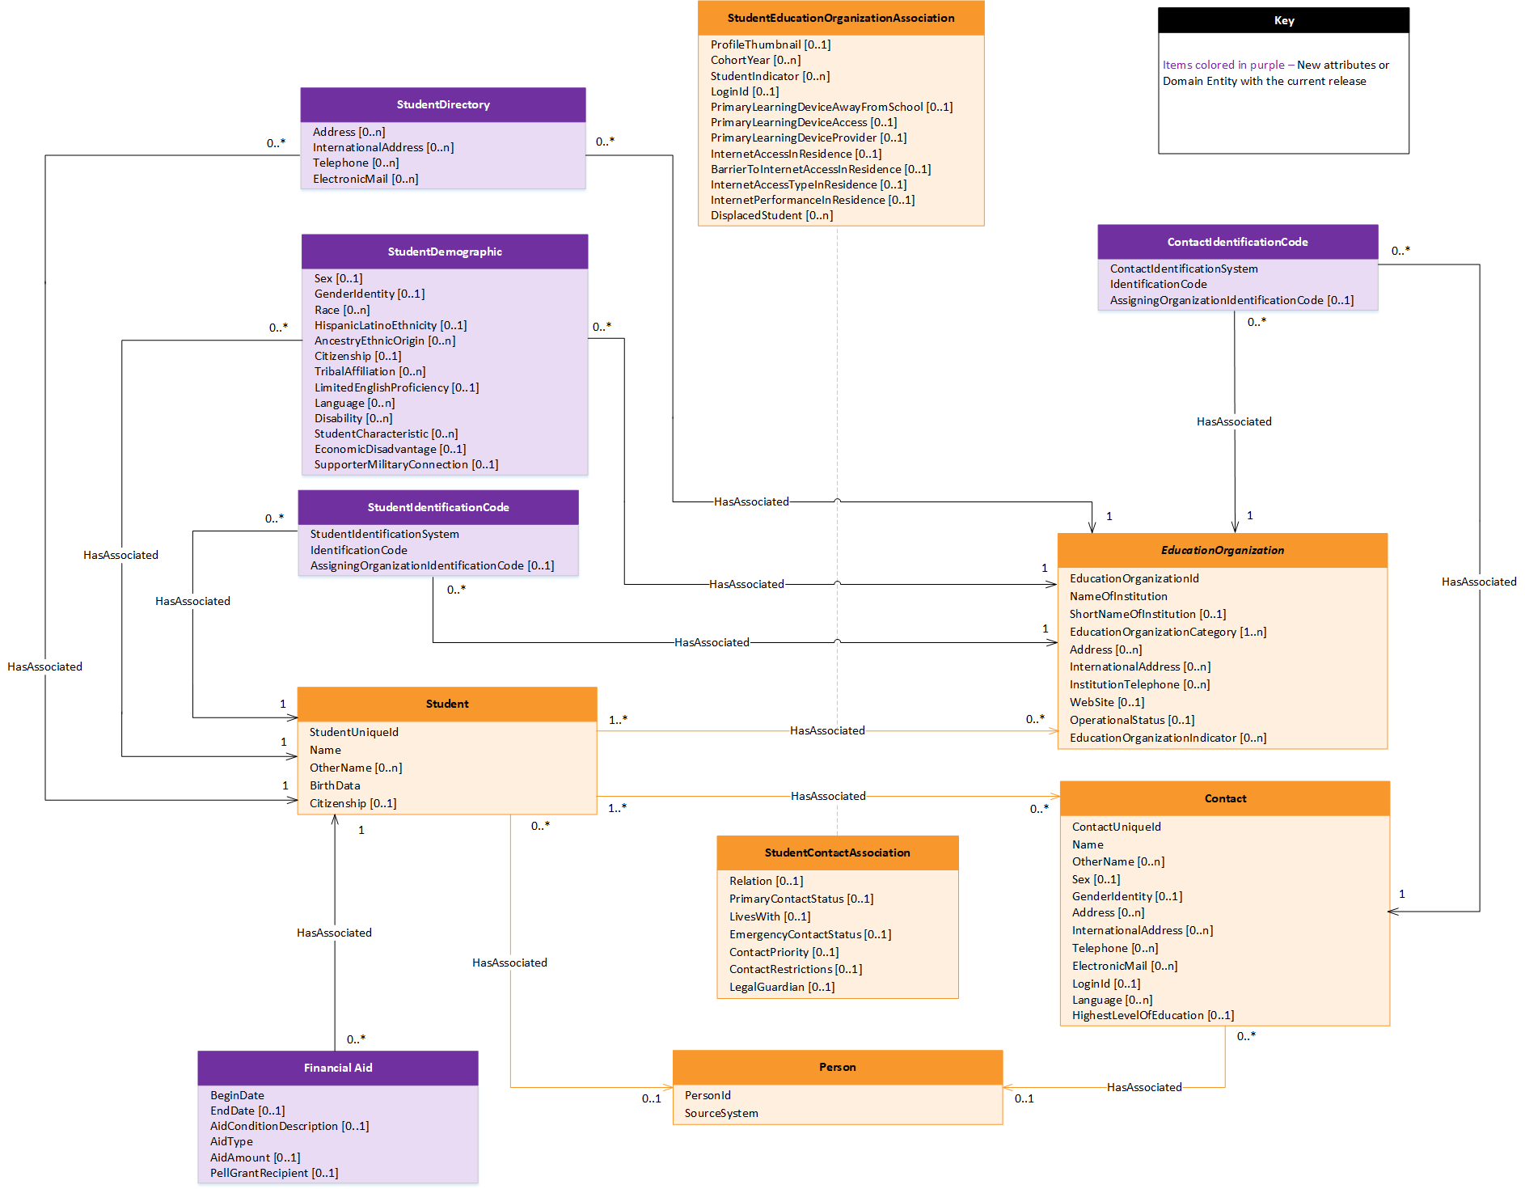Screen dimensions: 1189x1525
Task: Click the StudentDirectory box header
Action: point(443,104)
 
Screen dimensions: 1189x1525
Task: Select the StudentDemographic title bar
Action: point(445,252)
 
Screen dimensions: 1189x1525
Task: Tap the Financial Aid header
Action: point(338,1068)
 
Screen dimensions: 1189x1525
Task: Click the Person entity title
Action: point(837,1067)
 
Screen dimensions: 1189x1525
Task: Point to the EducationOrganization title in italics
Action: point(1222,550)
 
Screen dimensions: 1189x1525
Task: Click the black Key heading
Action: point(1283,21)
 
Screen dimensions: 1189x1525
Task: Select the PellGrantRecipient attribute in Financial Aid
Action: point(274,1173)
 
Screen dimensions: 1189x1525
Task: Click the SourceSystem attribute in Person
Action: point(721,1113)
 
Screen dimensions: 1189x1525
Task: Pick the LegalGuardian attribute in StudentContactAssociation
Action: point(781,987)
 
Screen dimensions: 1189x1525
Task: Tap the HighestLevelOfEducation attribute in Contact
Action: point(1152,1015)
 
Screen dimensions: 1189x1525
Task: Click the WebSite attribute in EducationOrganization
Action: point(1106,702)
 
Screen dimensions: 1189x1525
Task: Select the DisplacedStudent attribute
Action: point(771,215)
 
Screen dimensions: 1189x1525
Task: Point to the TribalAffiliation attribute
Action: point(370,371)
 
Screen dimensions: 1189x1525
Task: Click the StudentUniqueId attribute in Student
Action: point(353,732)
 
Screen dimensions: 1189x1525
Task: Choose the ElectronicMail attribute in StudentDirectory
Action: point(365,179)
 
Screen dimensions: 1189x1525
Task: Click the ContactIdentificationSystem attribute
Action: point(1183,269)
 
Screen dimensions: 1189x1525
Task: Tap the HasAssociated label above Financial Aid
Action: point(334,933)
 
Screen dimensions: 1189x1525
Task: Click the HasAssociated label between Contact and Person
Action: point(1143,1087)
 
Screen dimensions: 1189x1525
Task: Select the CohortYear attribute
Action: point(755,60)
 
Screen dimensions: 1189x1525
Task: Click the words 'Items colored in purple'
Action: point(1223,65)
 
